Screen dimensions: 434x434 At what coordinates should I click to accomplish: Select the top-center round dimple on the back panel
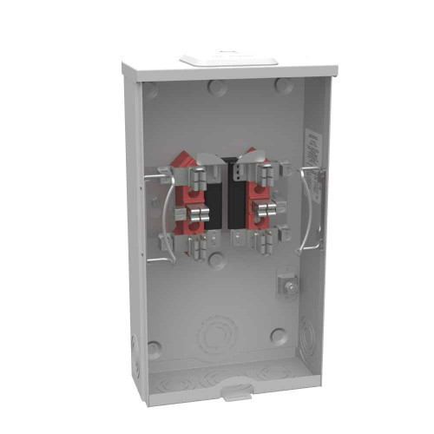(x=215, y=87)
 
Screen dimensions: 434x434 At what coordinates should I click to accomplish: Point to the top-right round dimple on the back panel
(x=283, y=85)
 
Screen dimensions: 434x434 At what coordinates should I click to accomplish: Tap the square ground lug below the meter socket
(x=286, y=286)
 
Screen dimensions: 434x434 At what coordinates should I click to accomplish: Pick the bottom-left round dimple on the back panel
(x=155, y=348)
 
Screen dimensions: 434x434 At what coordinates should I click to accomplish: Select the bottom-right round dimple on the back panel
(x=278, y=336)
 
